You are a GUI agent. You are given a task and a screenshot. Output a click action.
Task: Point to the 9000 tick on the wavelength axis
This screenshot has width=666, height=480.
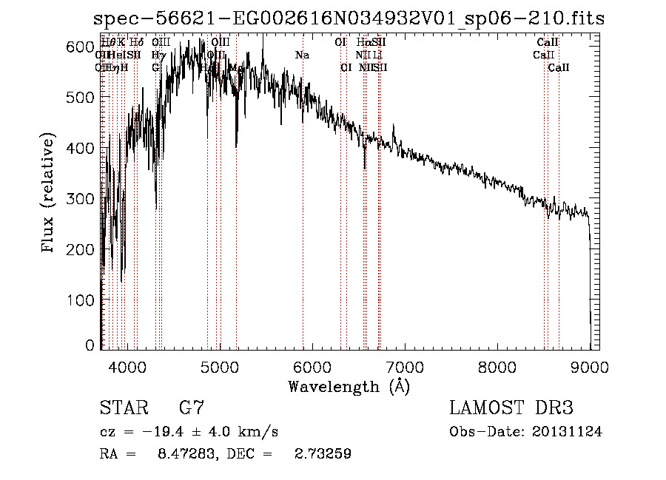click(590, 366)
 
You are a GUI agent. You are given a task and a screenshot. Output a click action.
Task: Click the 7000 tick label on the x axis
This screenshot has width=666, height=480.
click(405, 366)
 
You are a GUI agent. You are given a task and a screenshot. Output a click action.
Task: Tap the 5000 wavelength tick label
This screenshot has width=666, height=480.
click(220, 366)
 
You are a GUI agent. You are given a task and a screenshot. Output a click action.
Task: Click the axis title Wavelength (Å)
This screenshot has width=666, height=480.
click(349, 386)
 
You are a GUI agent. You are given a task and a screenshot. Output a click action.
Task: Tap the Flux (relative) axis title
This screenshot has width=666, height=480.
click(50, 195)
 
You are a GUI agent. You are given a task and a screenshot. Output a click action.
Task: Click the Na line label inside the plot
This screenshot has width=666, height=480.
click(302, 55)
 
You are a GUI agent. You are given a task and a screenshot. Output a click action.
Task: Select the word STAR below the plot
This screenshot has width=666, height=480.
click(124, 408)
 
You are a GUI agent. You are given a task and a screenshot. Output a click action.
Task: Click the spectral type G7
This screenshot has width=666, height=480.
click(192, 408)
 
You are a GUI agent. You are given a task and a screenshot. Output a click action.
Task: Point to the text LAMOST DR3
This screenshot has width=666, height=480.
click(511, 408)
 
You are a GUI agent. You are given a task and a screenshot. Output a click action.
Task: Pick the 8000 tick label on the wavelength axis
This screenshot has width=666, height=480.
click(497, 366)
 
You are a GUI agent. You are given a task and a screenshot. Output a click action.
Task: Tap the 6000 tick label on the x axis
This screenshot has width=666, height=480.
click(312, 366)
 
